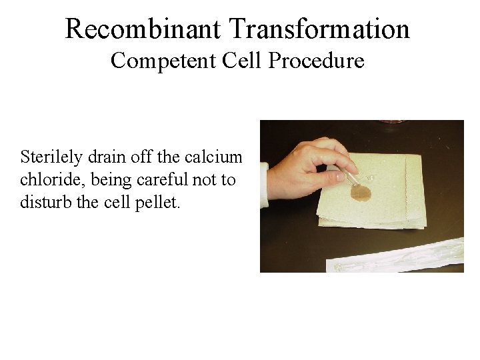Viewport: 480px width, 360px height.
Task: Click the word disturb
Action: tap(43, 201)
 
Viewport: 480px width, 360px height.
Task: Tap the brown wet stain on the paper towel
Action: tap(361, 193)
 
